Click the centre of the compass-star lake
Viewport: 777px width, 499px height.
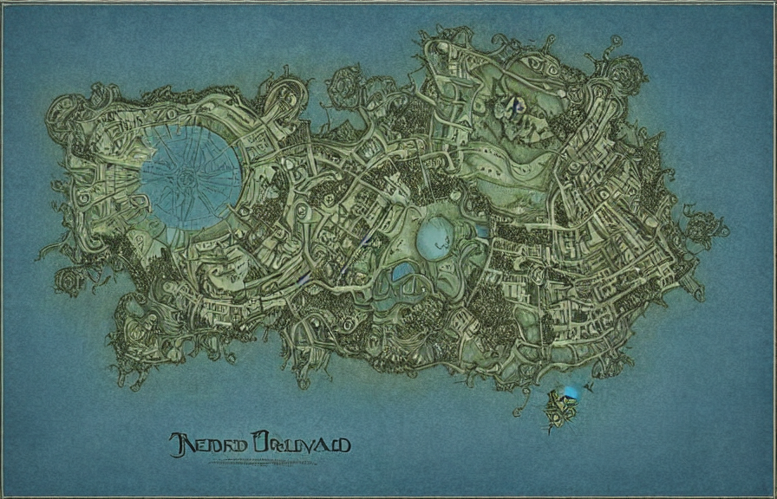191,177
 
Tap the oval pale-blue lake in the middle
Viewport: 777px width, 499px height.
434,238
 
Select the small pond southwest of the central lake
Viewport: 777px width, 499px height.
402,273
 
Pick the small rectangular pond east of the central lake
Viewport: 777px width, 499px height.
481,231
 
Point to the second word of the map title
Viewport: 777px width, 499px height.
300,444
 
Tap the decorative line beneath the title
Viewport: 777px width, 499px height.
260,462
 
